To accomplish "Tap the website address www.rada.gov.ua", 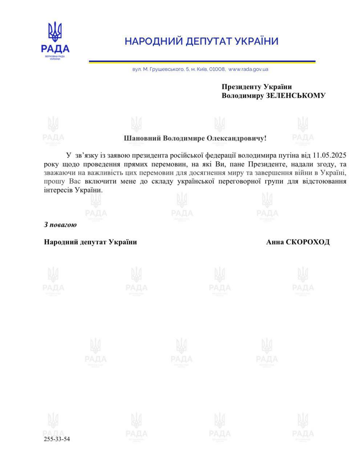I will coord(248,69).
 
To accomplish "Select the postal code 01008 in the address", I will coord(217,69).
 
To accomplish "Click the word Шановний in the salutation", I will coord(142,138).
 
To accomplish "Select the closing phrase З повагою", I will coord(60,225).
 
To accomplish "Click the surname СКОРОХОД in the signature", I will coord(308,242).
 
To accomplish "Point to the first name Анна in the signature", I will coord(275,242).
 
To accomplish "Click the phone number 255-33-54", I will coord(57,439).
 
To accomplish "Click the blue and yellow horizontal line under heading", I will coord(202,61).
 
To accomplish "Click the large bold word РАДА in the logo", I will coord(55,48).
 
